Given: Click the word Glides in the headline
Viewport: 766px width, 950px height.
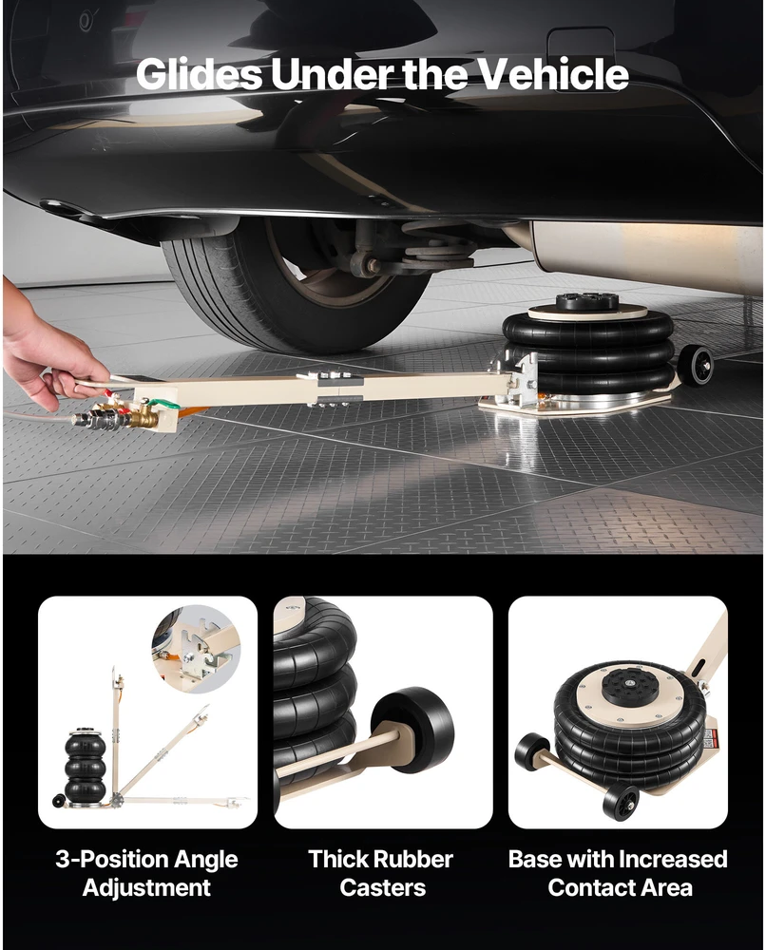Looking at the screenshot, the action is [x=200, y=74].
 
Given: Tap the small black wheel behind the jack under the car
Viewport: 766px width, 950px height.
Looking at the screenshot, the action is [x=695, y=363].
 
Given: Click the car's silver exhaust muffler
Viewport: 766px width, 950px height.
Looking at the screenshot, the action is [x=643, y=260].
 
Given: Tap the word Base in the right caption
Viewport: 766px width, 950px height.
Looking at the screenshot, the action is [x=534, y=859].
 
